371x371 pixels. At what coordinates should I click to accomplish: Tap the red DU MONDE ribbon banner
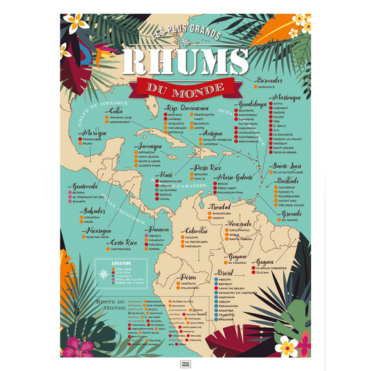point(184,87)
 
